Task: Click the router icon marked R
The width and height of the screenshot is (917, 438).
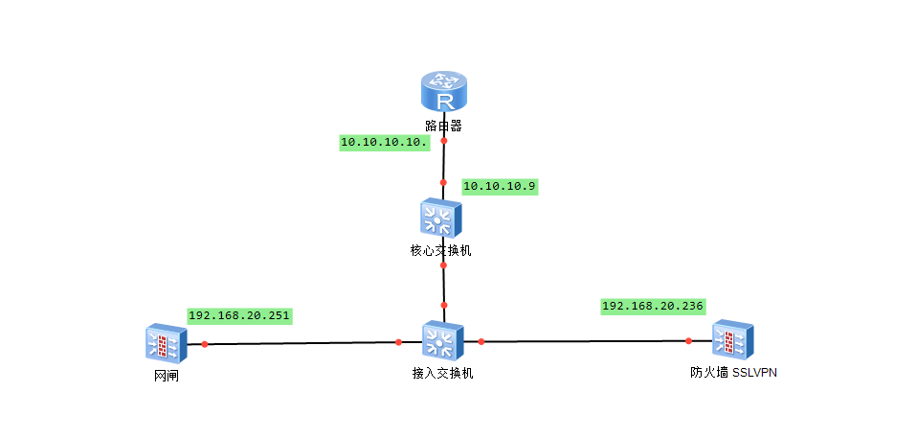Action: pyautogui.click(x=444, y=94)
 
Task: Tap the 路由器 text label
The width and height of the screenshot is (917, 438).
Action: pyautogui.click(x=444, y=126)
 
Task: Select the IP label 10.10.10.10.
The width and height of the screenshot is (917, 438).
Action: pyautogui.click(x=385, y=142)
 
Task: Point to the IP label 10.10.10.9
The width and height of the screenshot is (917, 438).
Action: pyautogui.click(x=500, y=186)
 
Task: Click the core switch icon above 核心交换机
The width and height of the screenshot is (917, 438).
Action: pyautogui.click(x=440, y=219)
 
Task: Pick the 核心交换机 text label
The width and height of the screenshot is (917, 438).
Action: pyautogui.click(x=440, y=251)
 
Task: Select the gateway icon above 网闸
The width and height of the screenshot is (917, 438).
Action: pyautogui.click(x=165, y=344)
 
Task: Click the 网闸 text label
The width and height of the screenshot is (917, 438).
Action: pyautogui.click(x=167, y=376)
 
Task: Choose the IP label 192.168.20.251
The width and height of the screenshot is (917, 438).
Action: pyautogui.click(x=239, y=315)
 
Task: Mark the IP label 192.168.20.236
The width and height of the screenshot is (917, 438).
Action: pyautogui.click(x=653, y=307)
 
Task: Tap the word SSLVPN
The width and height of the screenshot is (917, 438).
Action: pyautogui.click(x=754, y=373)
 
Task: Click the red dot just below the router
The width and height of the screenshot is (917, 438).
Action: pyautogui.click(x=444, y=141)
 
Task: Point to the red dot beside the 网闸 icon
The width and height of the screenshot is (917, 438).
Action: pyautogui.click(x=205, y=343)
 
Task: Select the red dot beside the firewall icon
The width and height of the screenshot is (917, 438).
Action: pyautogui.click(x=688, y=340)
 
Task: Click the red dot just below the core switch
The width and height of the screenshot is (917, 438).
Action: pyautogui.click(x=443, y=265)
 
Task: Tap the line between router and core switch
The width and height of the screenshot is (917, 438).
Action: pyautogui.click(x=444, y=161)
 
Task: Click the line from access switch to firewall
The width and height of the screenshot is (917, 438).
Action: pyautogui.click(x=584, y=341)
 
